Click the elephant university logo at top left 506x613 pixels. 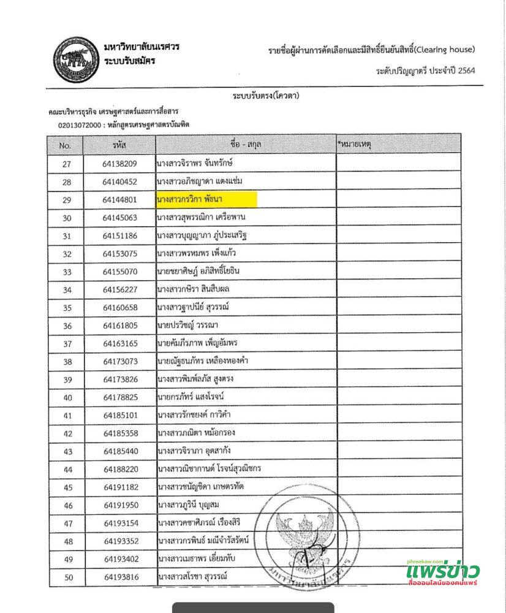coord(76,60)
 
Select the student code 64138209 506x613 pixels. coord(119,164)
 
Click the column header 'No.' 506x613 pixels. coord(66,146)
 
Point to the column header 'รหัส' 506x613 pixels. coord(119,146)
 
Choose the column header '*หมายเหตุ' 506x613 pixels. coord(355,145)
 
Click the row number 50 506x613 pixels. coord(67,577)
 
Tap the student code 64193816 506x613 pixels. coord(120,577)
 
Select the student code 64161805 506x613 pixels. coord(120,326)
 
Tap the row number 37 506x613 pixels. coord(67,344)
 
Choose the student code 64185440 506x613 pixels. coord(120,452)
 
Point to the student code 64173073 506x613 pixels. coord(120,362)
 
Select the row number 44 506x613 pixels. coord(67,470)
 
